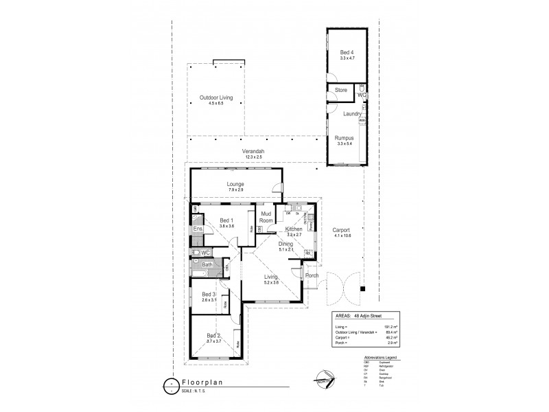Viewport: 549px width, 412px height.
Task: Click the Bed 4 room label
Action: (x=347, y=52)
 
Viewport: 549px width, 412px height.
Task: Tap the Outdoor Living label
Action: (x=216, y=98)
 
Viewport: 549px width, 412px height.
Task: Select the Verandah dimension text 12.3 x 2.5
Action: (x=254, y=157)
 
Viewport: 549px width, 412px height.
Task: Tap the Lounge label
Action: (x=235, y=184)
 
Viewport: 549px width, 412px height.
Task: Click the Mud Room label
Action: (x=266, y=217)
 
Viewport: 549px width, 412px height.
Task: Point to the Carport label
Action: (x=341, y=230)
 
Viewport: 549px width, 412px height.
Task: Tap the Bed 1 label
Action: (x=226, y=220)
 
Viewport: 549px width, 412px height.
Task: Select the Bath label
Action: (x=207, y=264)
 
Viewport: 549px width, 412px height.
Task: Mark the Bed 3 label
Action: (x=209, y=295)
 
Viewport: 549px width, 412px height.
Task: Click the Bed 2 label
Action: (x=213, y=335)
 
